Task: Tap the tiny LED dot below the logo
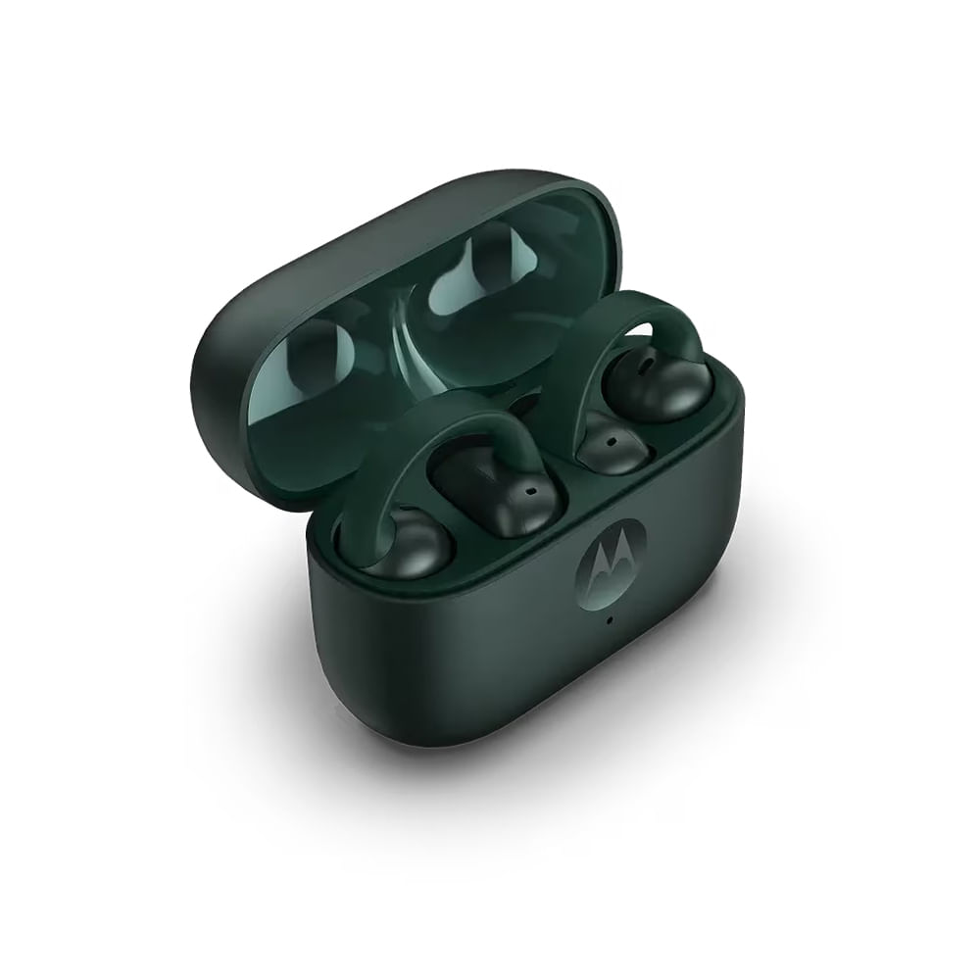(609, 619)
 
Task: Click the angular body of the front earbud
(495, 490)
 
